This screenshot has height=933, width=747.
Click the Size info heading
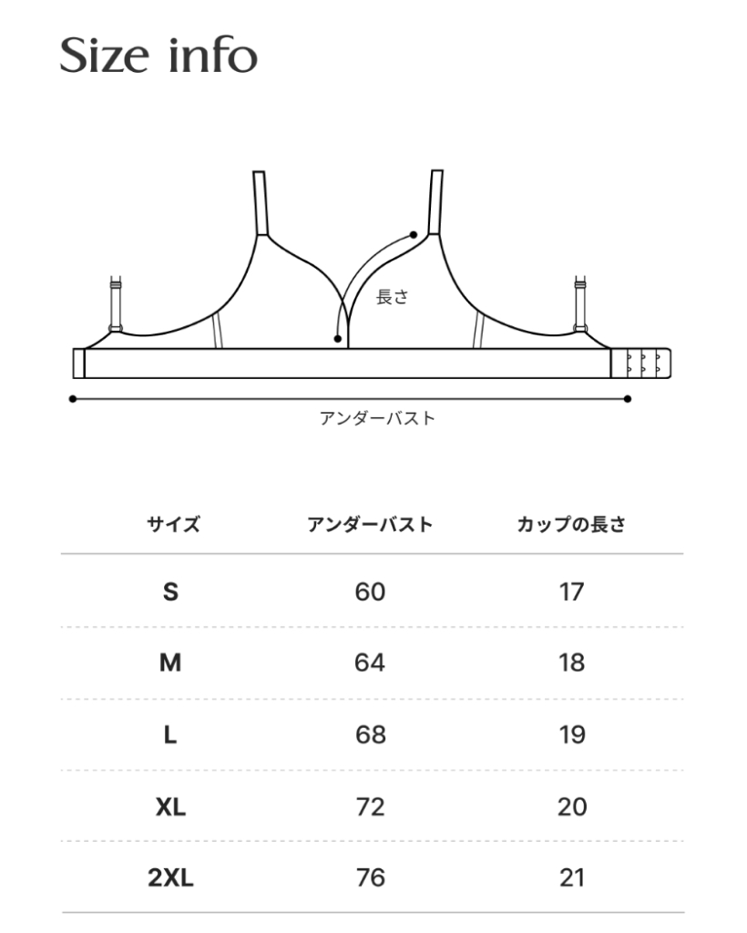pos(159,56)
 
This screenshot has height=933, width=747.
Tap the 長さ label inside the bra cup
pos(392,297)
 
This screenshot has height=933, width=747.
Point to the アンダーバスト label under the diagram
pos(377,419)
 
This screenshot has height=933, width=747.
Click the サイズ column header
pos(172,524)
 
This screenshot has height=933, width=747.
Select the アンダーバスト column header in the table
pos(370,524)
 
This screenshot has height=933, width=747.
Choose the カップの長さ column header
pos(571,524)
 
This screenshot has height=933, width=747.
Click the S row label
pos(170,592)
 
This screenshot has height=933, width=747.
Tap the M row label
pos(170,663)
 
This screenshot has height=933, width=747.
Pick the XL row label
pos(170,806)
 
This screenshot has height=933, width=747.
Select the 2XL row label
pos(170,878)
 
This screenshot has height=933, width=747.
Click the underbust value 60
pos(370,592)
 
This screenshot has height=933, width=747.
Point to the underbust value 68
pos(370,734)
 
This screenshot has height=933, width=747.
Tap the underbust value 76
pos(370,878)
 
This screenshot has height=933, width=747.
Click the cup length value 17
pos(571,592)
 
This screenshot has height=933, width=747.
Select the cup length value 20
pos(571,806)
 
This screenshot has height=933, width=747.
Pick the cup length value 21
pos(571,878)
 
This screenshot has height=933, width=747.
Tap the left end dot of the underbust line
pos(72,398)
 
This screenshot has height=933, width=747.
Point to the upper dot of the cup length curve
pos(414,235)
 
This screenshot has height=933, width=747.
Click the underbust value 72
pos(370,806)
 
